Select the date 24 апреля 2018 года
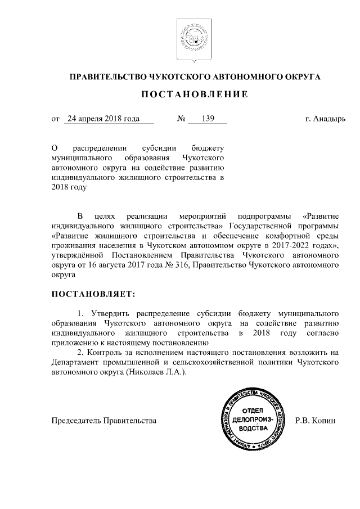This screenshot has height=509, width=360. tap(102, 119)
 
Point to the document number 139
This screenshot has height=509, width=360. tap(208, 119)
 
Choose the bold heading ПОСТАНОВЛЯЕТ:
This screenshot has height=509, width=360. tap(93, 294)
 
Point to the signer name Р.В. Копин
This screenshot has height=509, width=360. tap(315, 420)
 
